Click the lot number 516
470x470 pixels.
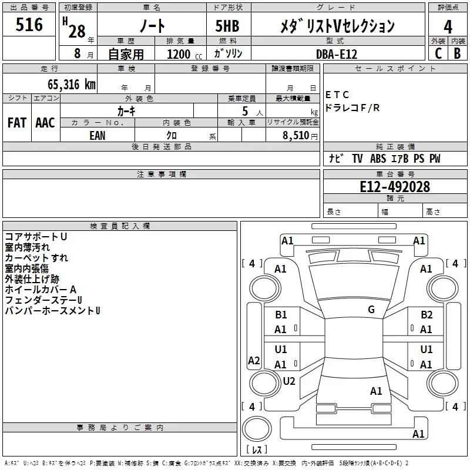point(29,25)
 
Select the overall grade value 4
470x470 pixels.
point(448,27)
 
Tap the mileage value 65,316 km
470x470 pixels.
point(71,85)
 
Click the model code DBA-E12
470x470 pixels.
point(337,54)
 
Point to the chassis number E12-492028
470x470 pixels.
point(395,187)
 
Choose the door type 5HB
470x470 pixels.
point(227,26)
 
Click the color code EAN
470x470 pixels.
point(98,136)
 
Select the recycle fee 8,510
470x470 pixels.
point(296,135)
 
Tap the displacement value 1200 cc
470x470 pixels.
point(184,54)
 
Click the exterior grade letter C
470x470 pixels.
point(438,53)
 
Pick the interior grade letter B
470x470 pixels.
point(457,53)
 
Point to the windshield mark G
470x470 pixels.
point(371,310)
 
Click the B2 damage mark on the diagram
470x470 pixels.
point(427,315)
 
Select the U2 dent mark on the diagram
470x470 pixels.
point(289,381)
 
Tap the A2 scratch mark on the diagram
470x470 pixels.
point(254,361)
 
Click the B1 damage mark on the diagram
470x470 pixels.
point(281,315)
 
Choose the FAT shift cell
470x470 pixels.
point(17,123)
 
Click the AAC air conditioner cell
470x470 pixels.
point(45,123)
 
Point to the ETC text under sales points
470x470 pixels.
point(337,95)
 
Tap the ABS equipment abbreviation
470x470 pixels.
point(378,159)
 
